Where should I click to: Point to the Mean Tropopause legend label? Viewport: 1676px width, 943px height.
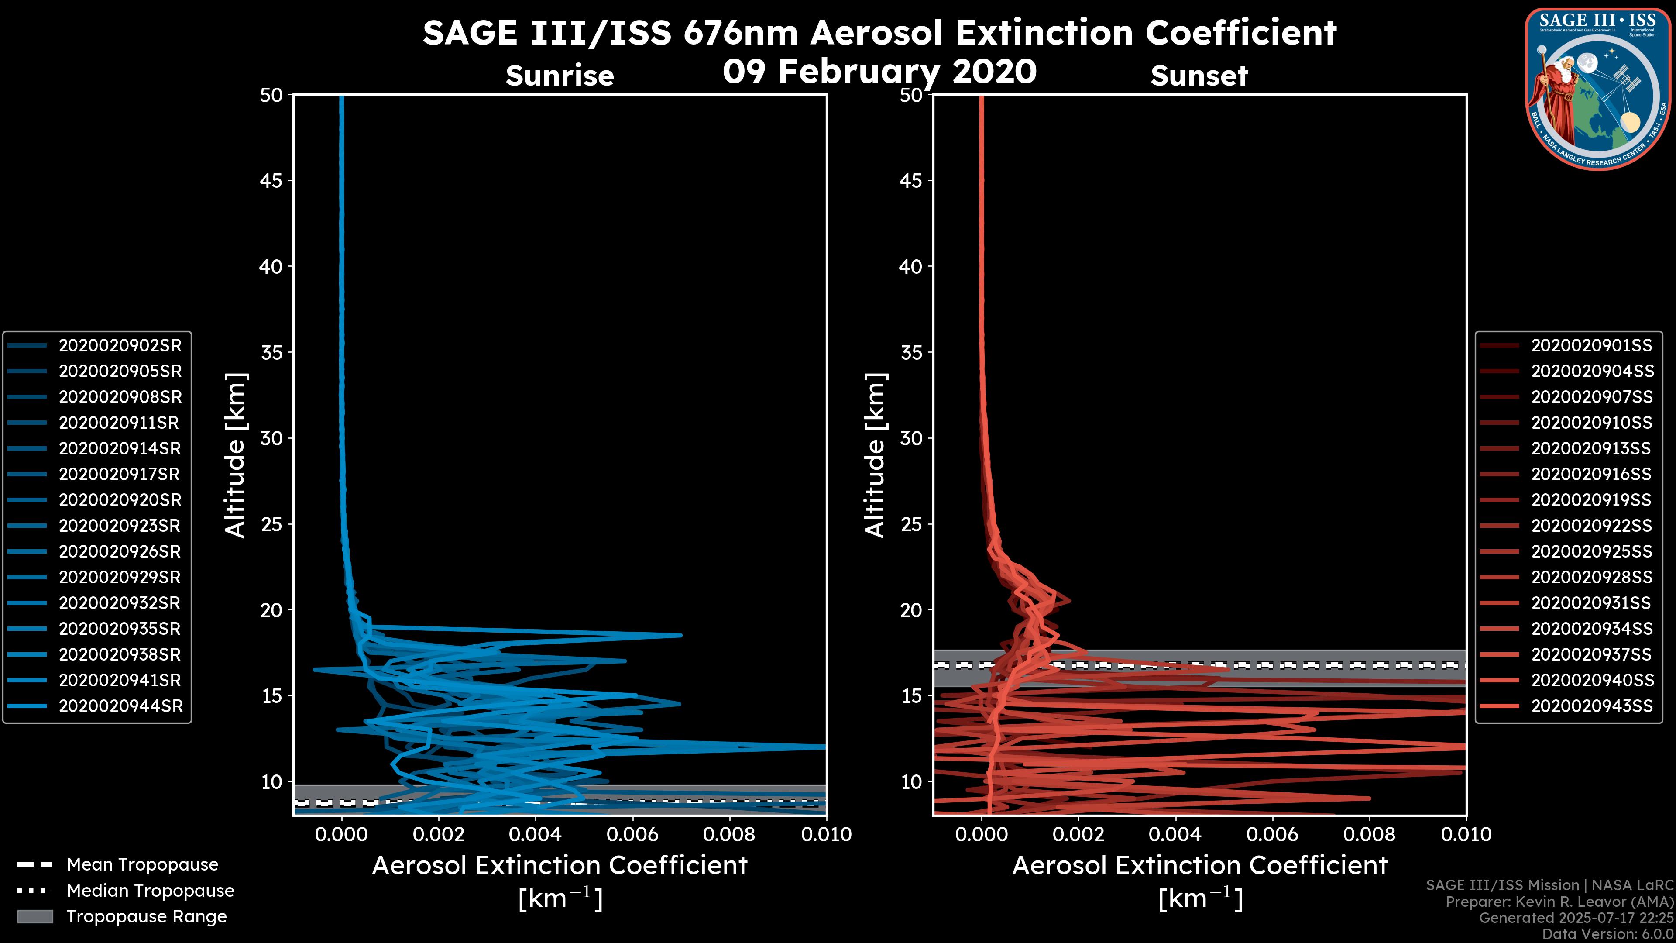pos(142,864)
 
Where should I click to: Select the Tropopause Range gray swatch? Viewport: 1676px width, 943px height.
pos(34,916)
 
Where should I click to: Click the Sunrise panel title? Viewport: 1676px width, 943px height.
pos(560,76)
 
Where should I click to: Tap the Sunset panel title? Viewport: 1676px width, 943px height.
pos(1199,76)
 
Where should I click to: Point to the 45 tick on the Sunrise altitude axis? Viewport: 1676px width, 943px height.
pos(271,180)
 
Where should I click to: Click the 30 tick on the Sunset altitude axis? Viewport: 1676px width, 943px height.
pos(911,438)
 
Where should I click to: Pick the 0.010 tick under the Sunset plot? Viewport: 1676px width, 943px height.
pos(1466,834)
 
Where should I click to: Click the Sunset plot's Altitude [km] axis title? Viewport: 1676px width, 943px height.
pos(876,455)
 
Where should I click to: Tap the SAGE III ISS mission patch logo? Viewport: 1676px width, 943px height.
pos(1598,89)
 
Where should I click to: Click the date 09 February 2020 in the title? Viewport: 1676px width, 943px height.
pos(879,72)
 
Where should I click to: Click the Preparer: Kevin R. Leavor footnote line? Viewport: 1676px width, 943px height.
pos(1559,902)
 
